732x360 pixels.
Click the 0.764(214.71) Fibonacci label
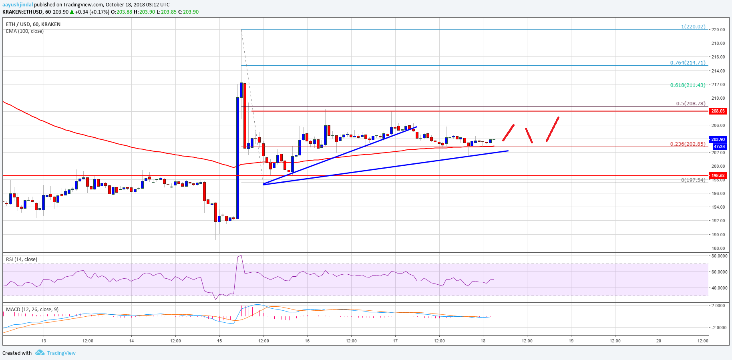coord(688,62)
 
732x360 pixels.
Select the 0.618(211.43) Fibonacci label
coord(688,85)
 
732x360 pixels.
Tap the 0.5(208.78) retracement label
coord(690,103)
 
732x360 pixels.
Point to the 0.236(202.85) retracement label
coord(688,144)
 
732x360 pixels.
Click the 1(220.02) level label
coord(693,27)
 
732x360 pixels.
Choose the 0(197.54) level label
coord(693,180)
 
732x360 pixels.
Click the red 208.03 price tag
coord(718,111)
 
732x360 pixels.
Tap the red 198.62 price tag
coord(718,175)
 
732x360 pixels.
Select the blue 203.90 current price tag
coord(718,139)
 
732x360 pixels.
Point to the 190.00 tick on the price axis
coord(718,235)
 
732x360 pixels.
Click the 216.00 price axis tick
coord(718,57)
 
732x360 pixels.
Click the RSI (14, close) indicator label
coord(22,259)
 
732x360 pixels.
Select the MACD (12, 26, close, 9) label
coord(32,310)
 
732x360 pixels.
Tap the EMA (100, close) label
coord(25,31)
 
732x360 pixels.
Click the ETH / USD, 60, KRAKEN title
coord(33,24)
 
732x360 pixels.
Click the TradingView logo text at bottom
coord(61,353)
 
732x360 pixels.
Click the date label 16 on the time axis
coord(307,341)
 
